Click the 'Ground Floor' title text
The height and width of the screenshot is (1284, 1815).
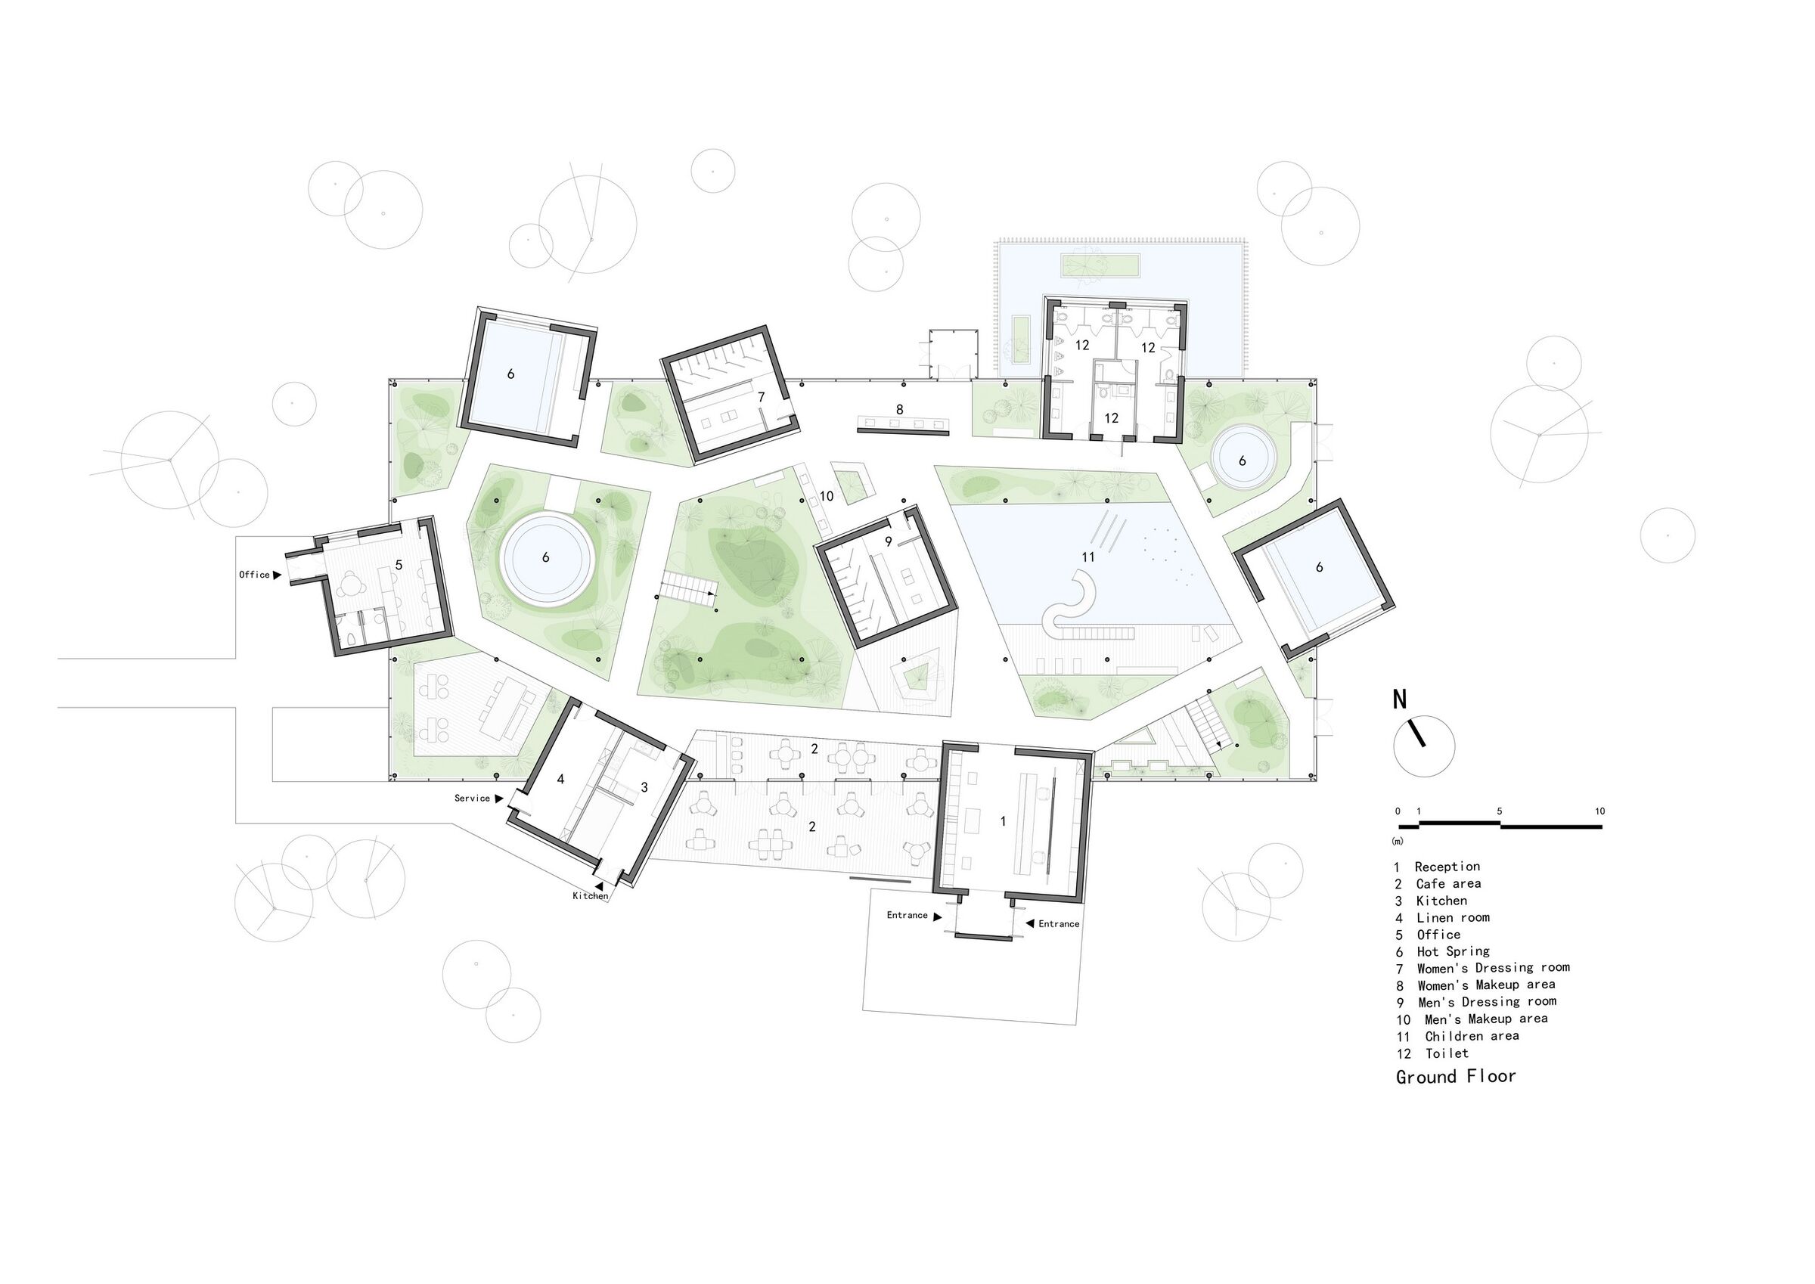point(1455,1076)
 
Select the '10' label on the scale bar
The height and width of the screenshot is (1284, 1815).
point(1599,811)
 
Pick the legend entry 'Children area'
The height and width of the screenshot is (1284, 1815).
point(1471,1036)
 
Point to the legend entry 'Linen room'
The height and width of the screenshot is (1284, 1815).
point(1452,917)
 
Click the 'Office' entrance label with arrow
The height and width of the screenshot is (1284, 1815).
point(259,575)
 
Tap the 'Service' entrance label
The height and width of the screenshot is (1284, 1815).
point(478,799)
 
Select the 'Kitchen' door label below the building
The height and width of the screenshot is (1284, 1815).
point(591,896)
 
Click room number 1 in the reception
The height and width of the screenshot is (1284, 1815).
point(1003,821)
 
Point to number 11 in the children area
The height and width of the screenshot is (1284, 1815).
point(1088,557)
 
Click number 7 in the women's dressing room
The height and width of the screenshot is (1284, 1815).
point(762,398)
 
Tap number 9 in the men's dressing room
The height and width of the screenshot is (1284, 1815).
point(889,541)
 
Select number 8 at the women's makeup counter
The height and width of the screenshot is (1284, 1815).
point(900,410)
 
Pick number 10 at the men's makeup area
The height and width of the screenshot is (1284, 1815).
point(827,497)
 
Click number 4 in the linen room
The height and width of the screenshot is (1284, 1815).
point(560,780)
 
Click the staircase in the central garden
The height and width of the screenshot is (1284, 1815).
point(686,590)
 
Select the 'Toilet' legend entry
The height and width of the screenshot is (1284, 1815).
point(1446,1053)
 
